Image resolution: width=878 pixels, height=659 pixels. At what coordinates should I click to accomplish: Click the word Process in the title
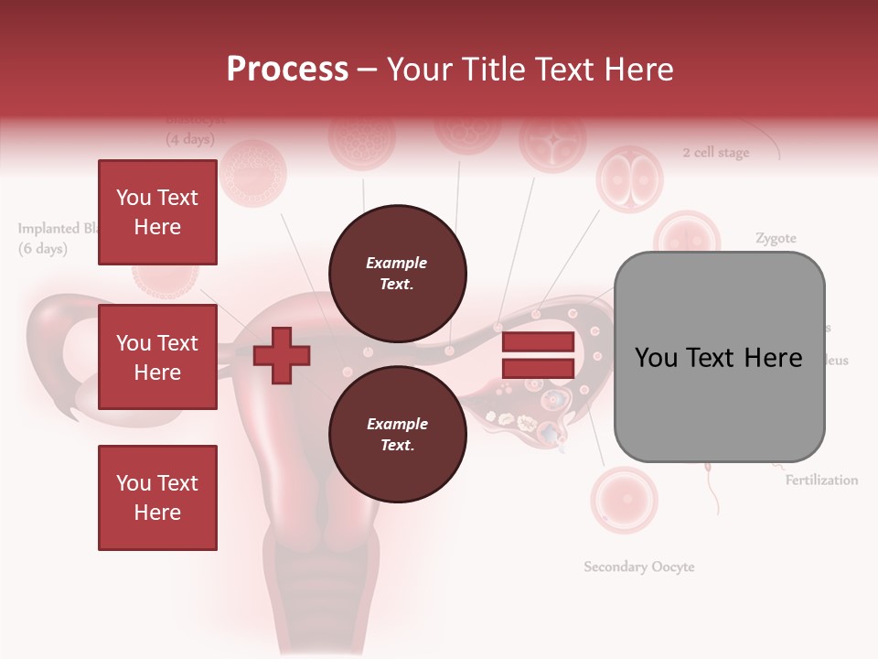(x=287, y=69)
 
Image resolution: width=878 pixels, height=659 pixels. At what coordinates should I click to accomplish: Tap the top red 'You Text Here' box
(x=157, y=212)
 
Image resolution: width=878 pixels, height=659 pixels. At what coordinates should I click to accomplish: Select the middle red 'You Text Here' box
(x=157, y=357)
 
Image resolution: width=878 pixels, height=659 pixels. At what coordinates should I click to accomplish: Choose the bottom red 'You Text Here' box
(x=157, y=498)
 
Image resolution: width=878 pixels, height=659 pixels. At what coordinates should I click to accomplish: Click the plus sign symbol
(x=282, y=355)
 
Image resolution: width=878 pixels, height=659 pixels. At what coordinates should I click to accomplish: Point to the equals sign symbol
(x=538, y=355)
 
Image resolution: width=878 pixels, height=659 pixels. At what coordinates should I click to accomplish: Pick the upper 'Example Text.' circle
(x=397, y=274)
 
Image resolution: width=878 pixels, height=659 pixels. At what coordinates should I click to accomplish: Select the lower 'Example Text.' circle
(x=397, y=435)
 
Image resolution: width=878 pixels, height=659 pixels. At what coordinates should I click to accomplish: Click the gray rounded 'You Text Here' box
(x=719, y=357)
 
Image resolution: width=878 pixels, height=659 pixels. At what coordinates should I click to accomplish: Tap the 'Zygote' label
(x=776, y=239)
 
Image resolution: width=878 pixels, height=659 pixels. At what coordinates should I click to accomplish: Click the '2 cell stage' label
(x=715, y=153)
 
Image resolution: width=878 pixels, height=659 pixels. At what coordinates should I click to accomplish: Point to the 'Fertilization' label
(x=821, y=480)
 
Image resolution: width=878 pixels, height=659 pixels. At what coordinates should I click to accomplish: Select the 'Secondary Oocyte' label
(x=639, y=567)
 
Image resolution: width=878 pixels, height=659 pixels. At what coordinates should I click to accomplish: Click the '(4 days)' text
(x=190, y=140)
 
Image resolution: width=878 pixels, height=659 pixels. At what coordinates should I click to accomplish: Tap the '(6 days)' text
(x=43, y=249)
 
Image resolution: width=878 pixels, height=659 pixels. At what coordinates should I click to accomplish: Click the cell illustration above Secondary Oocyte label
(x=624, y=500)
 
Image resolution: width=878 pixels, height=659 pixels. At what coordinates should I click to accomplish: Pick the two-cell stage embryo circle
(x=629, y=178)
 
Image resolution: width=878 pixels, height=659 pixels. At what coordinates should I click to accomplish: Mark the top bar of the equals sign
(x=538, y=342)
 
